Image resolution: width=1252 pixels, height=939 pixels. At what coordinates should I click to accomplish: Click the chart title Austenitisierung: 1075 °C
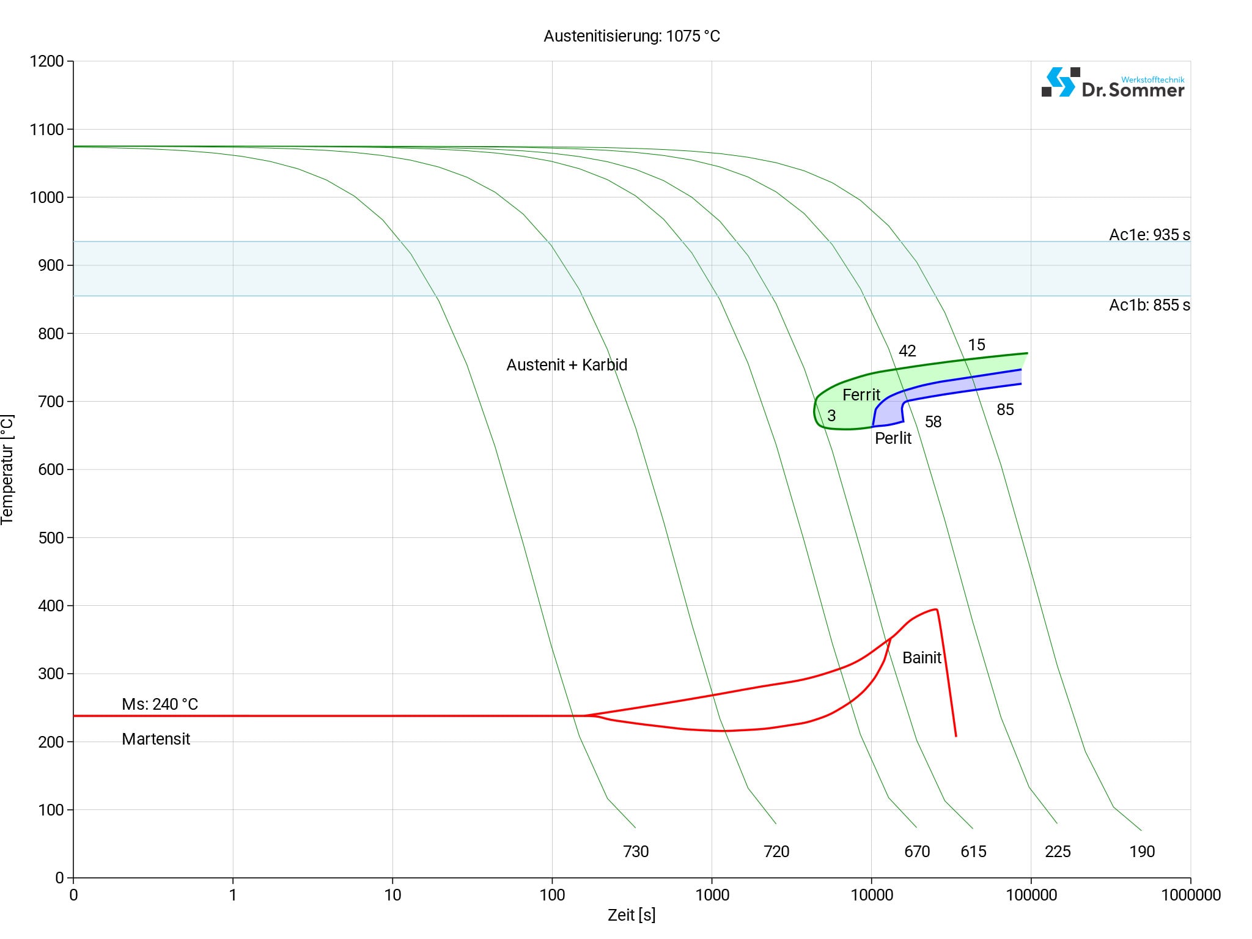click(x=632, y=37)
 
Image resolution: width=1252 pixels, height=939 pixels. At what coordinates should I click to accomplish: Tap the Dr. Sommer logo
click(x=1113, y=83)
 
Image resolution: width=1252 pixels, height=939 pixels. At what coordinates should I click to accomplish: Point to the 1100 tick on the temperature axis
click(x=47, y=130)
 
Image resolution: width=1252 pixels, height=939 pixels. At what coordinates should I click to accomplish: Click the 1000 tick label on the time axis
click(x=712, y=896)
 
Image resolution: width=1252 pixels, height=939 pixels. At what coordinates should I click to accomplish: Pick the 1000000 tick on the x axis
click(x=1190, y=896)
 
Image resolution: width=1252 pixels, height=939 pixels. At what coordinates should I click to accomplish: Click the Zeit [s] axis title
click(x=632, y=916)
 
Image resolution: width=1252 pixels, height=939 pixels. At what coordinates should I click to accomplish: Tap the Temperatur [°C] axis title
click(x=7, y=469)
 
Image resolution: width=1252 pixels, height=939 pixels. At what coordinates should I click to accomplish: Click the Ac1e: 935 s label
click(x=1149, y=235)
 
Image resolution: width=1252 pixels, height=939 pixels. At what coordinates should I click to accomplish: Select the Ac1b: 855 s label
click(x=1149, y=305)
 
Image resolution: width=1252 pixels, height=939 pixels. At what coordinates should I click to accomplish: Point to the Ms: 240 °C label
click(x=160, y=704)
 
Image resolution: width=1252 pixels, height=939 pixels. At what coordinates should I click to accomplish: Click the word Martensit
click(x=156, y=739)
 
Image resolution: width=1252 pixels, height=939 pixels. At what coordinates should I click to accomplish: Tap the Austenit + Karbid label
click(x=567, y=365)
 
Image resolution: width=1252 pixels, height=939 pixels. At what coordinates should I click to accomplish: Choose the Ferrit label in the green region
click(x=861, y=395)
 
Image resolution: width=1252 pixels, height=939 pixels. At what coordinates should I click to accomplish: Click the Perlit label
click(x=893, y=438)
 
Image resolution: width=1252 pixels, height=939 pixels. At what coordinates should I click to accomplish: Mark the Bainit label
click(x=922, y=658)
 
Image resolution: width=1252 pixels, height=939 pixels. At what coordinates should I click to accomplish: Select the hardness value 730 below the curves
click(x=636, y=852)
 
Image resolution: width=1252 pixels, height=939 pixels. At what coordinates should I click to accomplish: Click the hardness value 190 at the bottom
click(x=1142, y=852)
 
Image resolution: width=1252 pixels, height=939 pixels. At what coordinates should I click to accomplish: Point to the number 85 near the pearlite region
click(x=1005, y=410)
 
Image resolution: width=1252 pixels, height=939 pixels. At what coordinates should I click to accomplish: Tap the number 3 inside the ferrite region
click(x=831, y=416)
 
